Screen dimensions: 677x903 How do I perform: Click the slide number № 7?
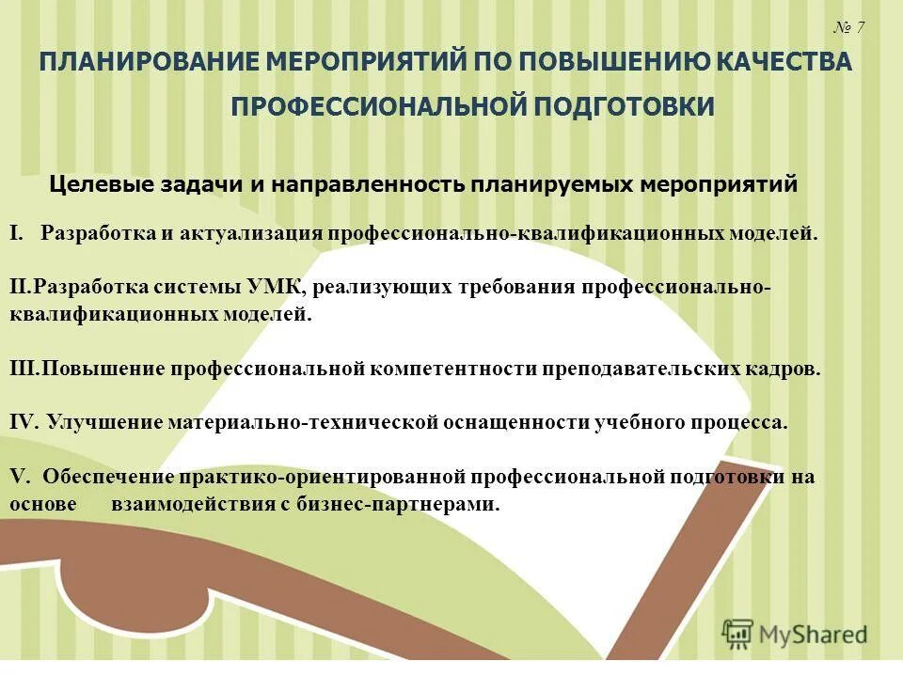pyautogui.click(x=848, y=27)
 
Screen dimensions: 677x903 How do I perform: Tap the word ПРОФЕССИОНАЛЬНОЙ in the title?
pyautogui.click(x=376, y=106)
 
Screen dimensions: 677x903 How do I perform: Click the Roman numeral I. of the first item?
pyautogui.click(x=16, y=233)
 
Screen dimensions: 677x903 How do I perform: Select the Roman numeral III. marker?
pyautogui.click(x=24, y=369)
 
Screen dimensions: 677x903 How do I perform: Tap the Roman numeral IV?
pyautogui.click(x=23, y=422)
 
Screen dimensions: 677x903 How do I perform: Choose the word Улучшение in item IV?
pyautogui.click(x=104, y=422)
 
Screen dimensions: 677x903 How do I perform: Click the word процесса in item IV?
pyautogui.click(x=743, y=422)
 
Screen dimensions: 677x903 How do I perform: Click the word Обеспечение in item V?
pyautogui.click(x=104, y=477)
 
